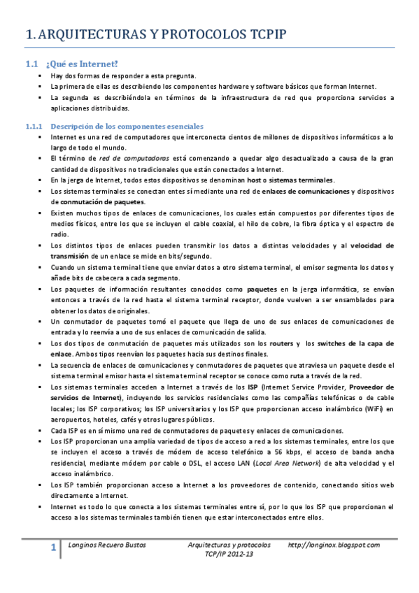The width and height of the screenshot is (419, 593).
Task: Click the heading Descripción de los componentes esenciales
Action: pos(125,127)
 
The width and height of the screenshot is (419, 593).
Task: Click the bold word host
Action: pos(256,180)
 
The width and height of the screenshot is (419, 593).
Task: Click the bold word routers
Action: pos(281,343)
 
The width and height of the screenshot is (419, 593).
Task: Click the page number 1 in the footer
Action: pos(53,550)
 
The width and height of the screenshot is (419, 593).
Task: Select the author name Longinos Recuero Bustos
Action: pos(105,545)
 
